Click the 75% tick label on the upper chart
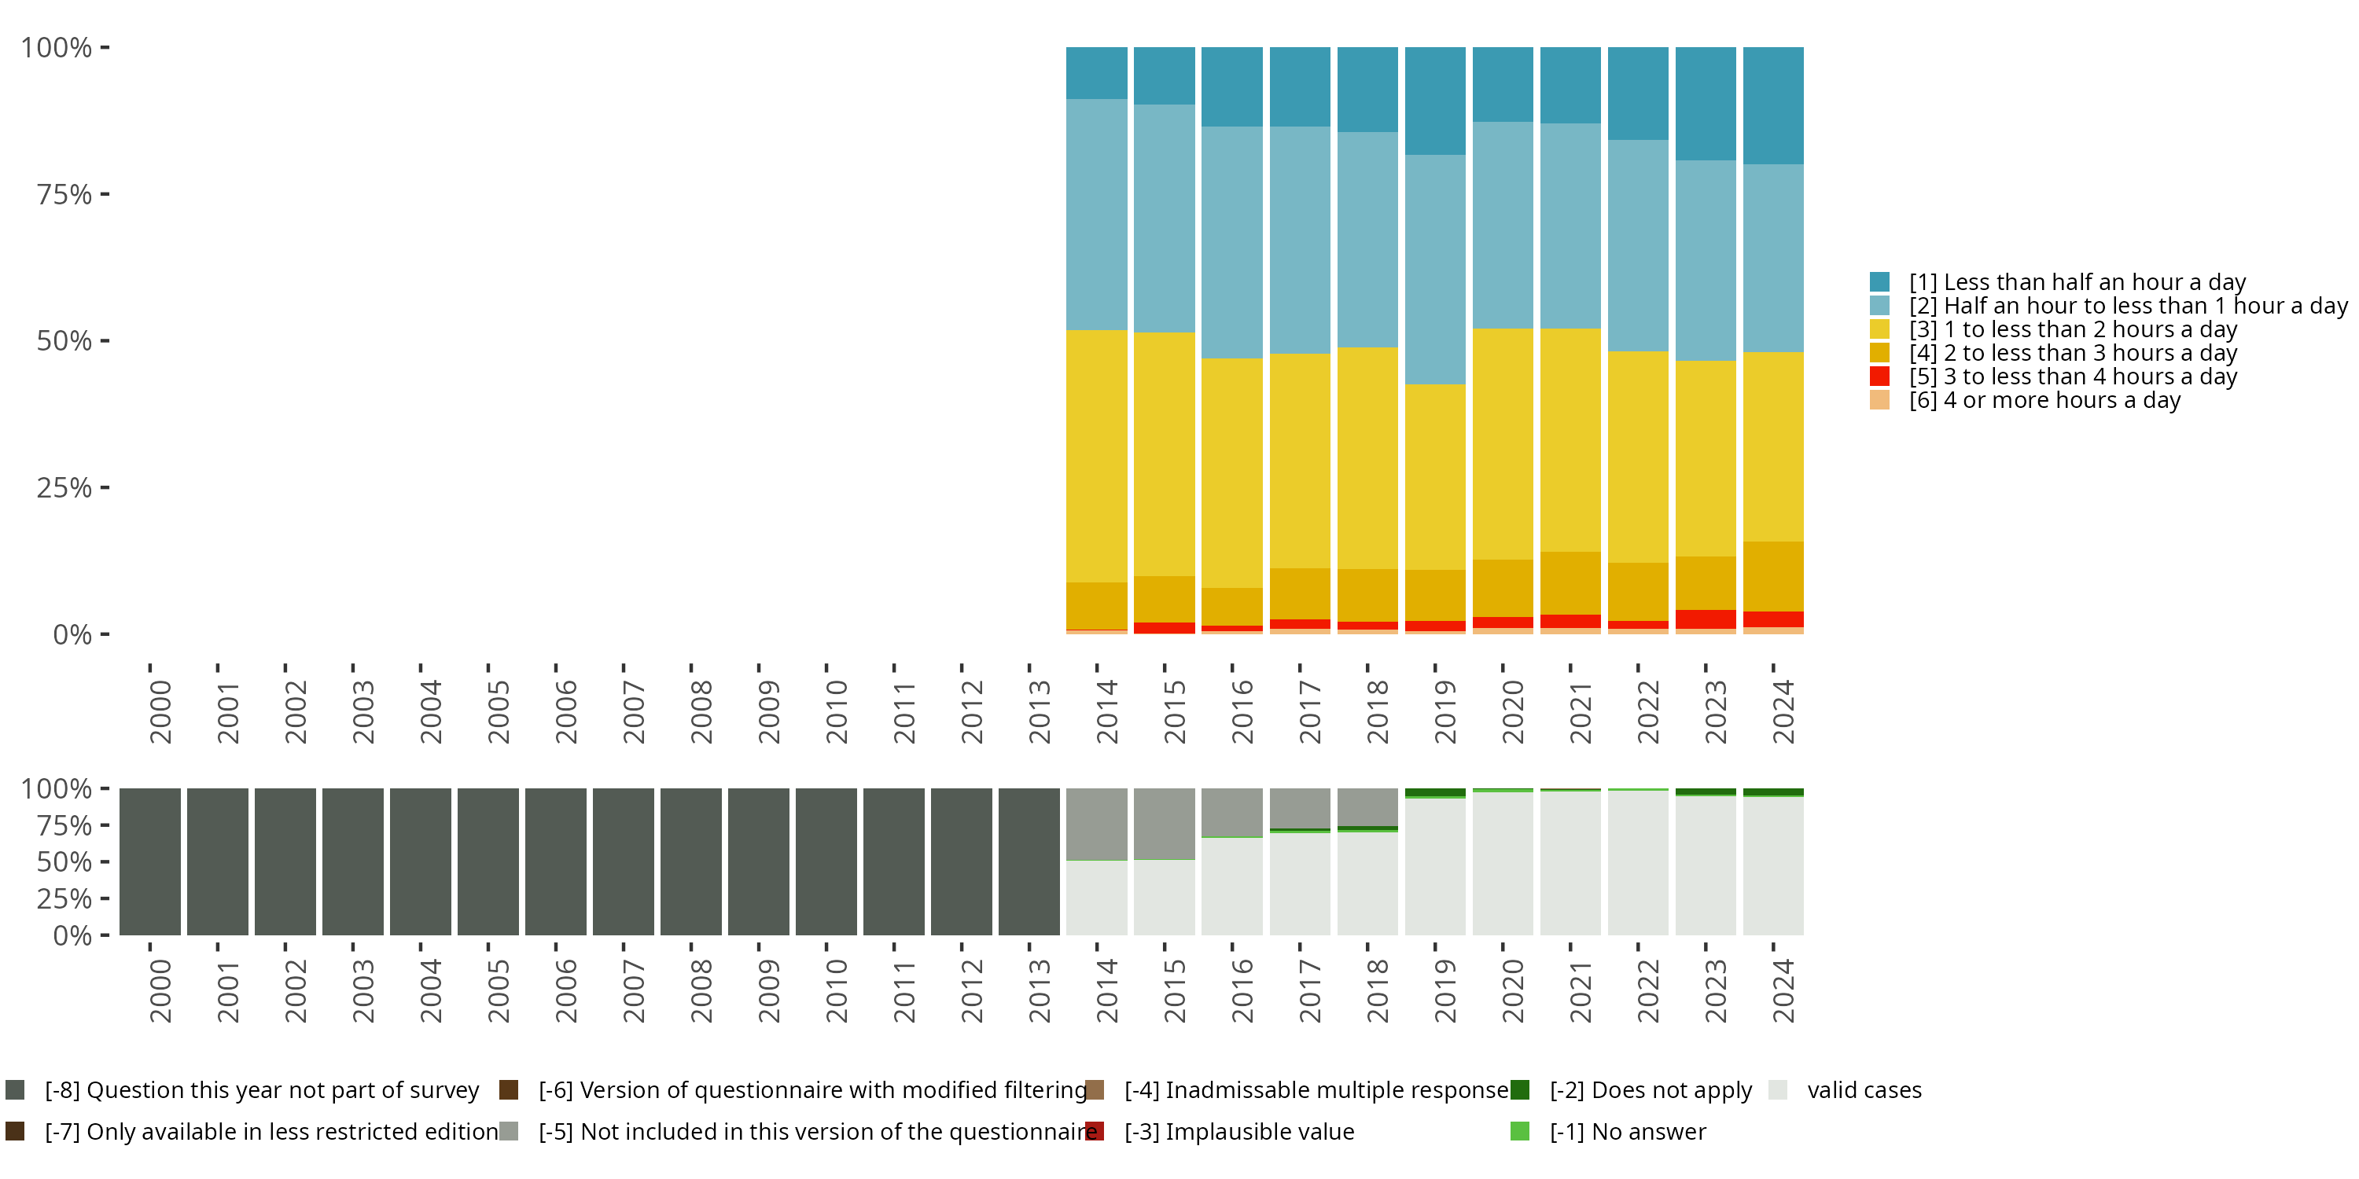pyautogui.click(x=64, y=195)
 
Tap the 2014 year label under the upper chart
pyautogui.click(x=1106, y=711)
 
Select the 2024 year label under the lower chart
pyautogui.click(x=1782, y=990)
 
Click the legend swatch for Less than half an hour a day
pyautogui.click(x=1879, y=282)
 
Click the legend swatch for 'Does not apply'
pyautogui.click(x=1519, y=1089)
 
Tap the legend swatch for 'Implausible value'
pyautogui.click(x=1095, y=1131)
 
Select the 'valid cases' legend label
pyautogui.click(x=1864, y=1090)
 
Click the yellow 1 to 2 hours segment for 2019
pyautogui.click(x=1435, y=476)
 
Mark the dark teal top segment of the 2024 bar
pyautogui.click(x=1773, y=105)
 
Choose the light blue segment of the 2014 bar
pyautogui.click(x=1096, y=215)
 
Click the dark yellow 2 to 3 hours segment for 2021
pyautogui.click(x=1570, y=583)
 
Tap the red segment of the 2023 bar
pyautogui.click(x=1705, y=619)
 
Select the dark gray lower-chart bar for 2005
pyautogui.click(x=488, y=861)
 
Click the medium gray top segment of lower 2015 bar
pyautogui.click(x=1164, y=823)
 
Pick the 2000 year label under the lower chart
pyautogui.click(x=160, y=990)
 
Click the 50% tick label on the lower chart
pyautogui.click(x=64, y=862)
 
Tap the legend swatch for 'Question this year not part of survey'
pyautogui.click(x=15, y=1089)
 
